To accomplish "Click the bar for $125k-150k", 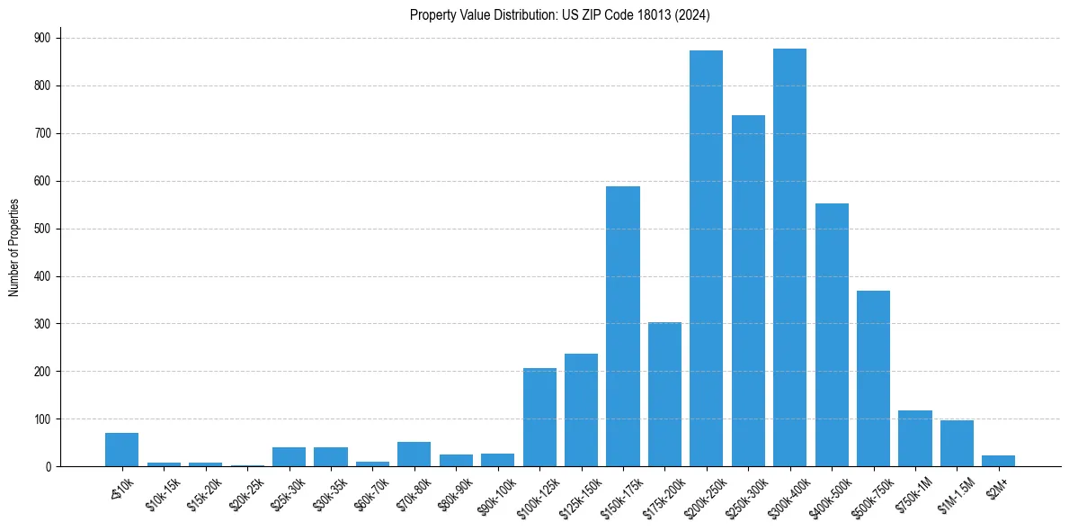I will (x=581, y=409).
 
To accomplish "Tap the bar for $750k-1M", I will (x=915, y=438).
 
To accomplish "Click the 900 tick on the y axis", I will (x=42, y=38).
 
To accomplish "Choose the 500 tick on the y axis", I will (x=42, y=229).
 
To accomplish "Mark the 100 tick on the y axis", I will (x=42, y=418).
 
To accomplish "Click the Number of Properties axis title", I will (x=13, y=247).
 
